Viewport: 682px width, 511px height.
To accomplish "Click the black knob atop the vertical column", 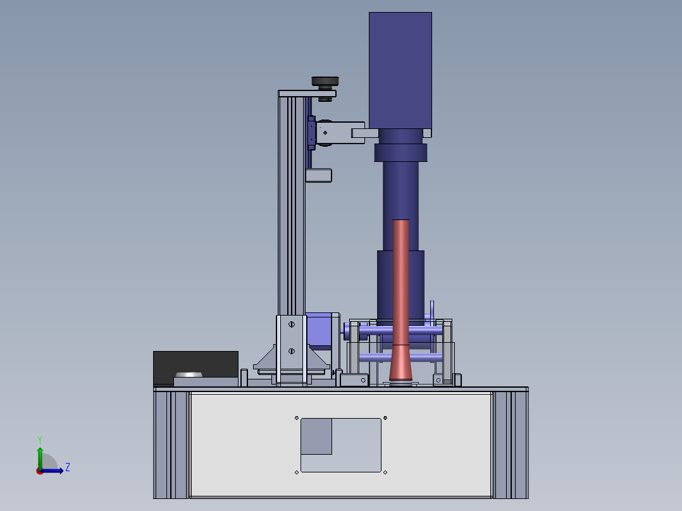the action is click(x=325, y=82).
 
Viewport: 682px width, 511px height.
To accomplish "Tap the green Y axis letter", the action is click(x=40, y=440).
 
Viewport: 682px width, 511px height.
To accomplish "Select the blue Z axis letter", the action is click(x=68, y=467).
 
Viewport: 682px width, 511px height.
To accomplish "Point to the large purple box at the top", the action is click(x=400, y=70).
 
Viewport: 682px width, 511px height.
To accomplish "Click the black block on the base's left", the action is click(x=195, y=367).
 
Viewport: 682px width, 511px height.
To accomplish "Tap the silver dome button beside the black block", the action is click(x=189, y=374).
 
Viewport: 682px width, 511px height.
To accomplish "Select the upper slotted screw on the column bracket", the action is click(x=292, y=324).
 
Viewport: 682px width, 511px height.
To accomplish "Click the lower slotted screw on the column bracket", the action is click(x=292, y=351).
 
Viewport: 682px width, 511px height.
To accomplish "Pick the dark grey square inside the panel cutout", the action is click(x=316, y=436).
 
